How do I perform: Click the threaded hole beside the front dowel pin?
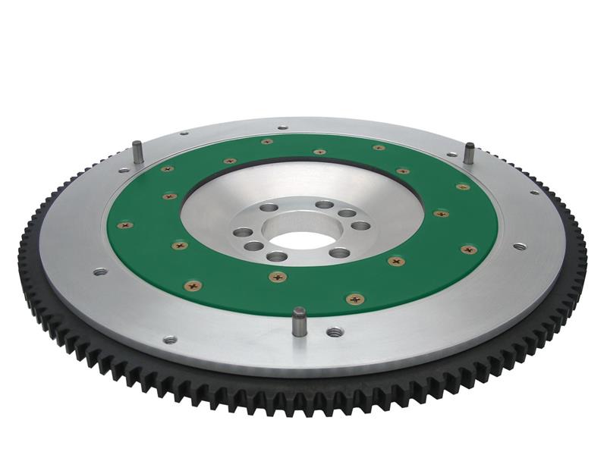coord(334,331)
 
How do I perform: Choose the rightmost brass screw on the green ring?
coord(469,249)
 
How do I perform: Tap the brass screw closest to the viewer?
coord(354,299)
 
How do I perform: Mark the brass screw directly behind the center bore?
coord(319,152)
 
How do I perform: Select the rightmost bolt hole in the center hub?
coord(362,225)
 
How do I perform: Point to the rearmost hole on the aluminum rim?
coord(282,127)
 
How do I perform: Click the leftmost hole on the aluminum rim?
coord(99,271)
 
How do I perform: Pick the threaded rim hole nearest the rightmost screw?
coord(519,246)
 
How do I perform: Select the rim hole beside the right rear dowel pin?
coord(452,154)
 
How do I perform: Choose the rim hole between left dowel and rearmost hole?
coord(184,133)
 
